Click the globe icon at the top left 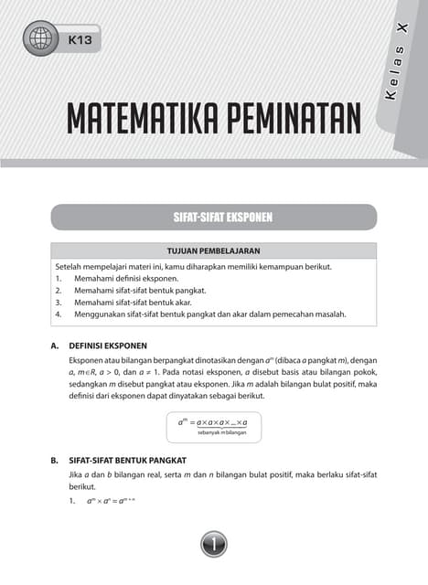41,39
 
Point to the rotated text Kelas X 396,69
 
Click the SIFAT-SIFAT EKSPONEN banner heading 214,218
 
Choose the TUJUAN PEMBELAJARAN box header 214,250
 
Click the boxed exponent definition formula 214,425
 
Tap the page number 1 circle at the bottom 214,546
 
